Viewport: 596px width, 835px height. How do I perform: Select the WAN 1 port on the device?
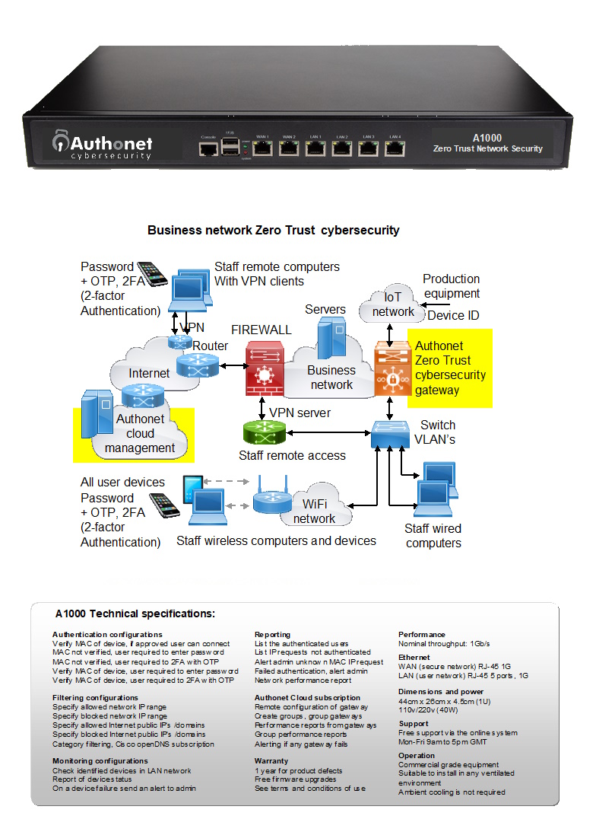pos(263,148)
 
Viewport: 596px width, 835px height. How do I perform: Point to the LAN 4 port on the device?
pos(394,148)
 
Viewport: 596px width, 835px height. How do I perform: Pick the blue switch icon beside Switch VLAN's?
pos(390,434)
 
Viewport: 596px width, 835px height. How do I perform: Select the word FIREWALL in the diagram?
pos(261,330)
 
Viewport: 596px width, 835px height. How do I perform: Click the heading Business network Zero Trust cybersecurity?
pos(273,230)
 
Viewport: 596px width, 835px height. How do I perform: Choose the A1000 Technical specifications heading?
pos(135,614)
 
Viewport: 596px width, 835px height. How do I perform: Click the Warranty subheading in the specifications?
pos(271,760)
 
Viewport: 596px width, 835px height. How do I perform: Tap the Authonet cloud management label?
pos(140,433)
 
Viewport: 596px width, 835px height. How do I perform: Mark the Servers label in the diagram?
pos(325,310)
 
